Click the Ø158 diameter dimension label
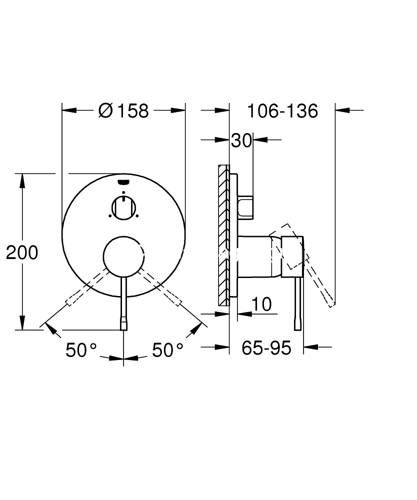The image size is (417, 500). click(x=124, y=110)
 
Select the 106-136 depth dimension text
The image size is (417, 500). click(x=282, y=110)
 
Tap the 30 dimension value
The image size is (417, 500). click(x=241, y=141)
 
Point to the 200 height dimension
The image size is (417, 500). click(x=22, y=252)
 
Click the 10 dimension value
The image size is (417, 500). click(x=261, y=303)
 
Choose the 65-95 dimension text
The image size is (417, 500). click(x=266, y=348)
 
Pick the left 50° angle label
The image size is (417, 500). click(x=81, y=350)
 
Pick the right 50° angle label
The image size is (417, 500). click(x=167, y=350)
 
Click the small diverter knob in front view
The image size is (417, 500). click(x=123, y=207)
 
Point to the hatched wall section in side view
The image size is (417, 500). click(x=223, y=235)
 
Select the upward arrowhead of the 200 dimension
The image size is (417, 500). click(x=22, y=180)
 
